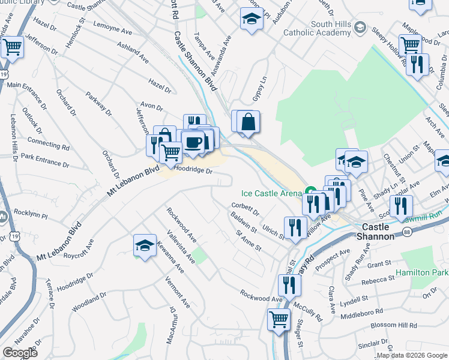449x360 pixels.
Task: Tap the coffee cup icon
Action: click(x=193, y=143)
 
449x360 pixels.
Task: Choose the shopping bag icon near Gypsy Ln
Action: click(x=248, y=122)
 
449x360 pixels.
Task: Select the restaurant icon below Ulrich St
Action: click(x=295, y=228)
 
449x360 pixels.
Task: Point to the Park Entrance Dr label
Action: click(x=45, y=160)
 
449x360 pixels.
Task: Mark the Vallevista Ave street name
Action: click(x=181, y=247)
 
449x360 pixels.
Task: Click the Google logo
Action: click(x=20, y=353)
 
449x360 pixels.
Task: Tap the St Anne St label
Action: click(x=249, y=241)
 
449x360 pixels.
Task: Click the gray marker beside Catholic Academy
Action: click(x=360, y=27)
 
